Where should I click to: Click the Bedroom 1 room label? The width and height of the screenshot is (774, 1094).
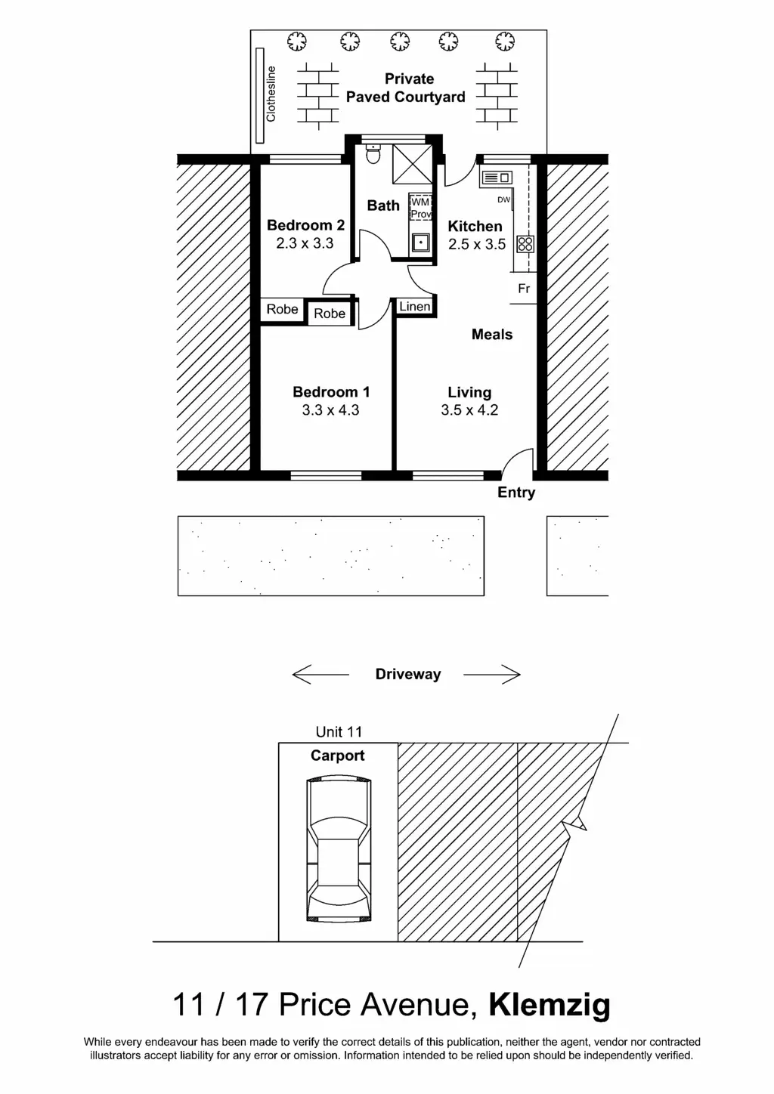click(331, 391)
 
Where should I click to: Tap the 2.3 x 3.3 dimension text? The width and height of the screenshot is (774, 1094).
click(305, 243)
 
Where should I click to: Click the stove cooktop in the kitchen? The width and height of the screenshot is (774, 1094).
click(525, 244)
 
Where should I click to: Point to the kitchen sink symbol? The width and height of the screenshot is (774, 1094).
click(497, 177)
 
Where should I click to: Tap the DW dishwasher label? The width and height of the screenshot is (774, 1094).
click(504, 199)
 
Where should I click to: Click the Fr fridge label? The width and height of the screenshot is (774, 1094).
click(524, 289)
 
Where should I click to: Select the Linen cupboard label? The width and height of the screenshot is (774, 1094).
click(415, 307)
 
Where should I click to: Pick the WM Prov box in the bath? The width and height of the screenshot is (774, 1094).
click(420, 208)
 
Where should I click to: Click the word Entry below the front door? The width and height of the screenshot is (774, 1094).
click(516, 493)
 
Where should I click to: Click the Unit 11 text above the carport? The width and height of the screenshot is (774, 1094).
click(339, 731)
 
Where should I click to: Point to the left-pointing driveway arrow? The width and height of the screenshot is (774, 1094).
click(320, 675)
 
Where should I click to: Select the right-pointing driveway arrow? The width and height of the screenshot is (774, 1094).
click(492, 675)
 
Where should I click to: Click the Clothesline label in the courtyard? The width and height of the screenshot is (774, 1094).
click(271, 94)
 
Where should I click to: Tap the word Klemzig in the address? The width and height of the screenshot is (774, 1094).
click(550, 1005)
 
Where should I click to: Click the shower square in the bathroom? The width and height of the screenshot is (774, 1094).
click(413, 164)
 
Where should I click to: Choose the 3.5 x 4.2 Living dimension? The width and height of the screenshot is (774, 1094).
click(469, 409)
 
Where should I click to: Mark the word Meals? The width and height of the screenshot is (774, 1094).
click(492, 335)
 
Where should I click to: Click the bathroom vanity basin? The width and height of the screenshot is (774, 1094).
click(420, 242)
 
